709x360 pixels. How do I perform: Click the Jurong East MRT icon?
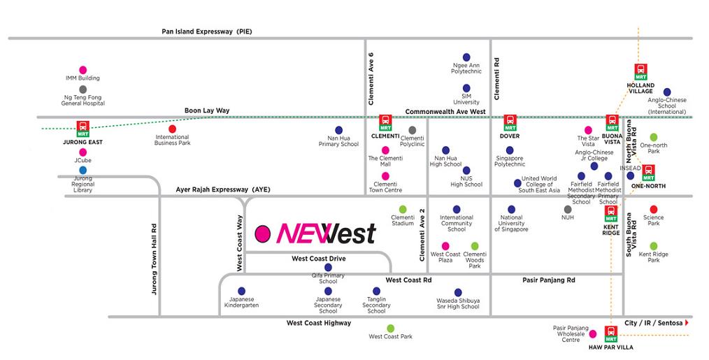[x=84, y=129]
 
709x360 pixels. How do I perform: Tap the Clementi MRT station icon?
[x=385, y=123]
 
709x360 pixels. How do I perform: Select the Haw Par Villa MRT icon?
[x=611, y=333]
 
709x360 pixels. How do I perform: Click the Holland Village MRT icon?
[x=640, y=71]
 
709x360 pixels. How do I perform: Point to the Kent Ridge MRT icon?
[x=610, y=213]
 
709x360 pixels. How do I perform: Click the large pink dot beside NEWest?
[x=263, y=233]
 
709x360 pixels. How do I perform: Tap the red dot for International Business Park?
[x=172, y=129]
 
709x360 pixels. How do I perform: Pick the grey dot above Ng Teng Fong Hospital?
[x=83, y=89]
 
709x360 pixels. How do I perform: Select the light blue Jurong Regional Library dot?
[x=83, y=170]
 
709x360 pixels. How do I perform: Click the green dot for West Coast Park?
[x=390, y=328]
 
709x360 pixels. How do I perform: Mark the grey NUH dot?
[x=568, y=209]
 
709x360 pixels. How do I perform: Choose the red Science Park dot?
[x=653, y=209]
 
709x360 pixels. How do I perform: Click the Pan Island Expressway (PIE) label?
[x=206, y=31]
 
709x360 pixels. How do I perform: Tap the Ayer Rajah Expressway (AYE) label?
[x=222, y=189]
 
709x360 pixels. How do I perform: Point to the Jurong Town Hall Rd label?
[x=155, y=259]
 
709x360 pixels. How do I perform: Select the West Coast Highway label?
[x=318, y=323]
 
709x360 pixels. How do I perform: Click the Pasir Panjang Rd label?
[x=548, y=280]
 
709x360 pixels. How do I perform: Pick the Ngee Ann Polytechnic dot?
[x=466, y=57]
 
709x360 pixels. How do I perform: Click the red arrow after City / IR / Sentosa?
[x=688, y=323]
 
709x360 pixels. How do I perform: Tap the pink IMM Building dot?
[x=83, y=70]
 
